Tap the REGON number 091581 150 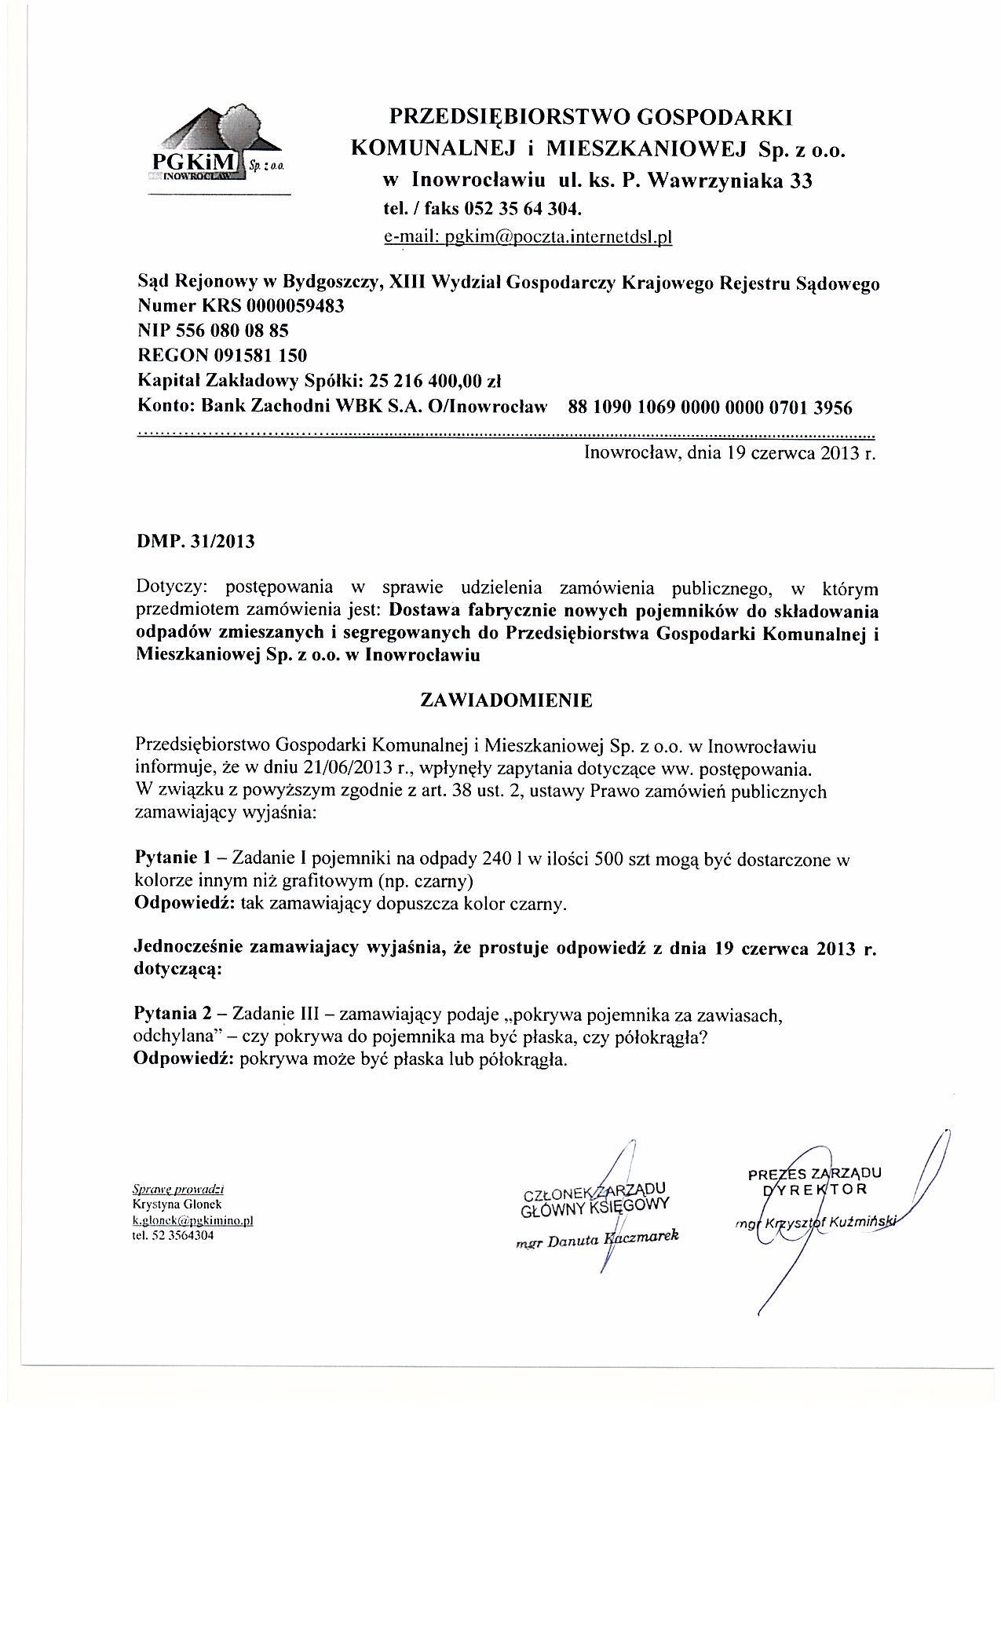256,356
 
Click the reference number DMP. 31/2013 195,542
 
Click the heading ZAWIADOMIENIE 506,700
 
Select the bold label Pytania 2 170,1015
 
